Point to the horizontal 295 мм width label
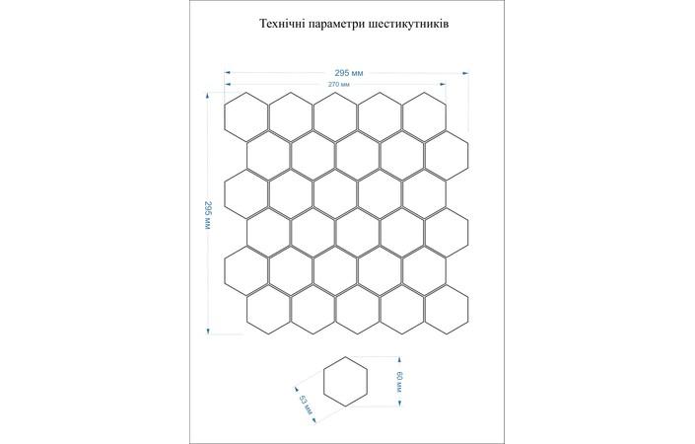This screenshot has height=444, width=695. pos(348,72)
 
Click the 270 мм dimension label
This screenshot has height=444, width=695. pos(341,85)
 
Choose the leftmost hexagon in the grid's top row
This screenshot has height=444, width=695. pos(244,115)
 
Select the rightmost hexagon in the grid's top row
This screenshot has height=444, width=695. pos(423,115)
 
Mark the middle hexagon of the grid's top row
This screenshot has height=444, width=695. pos(334,115)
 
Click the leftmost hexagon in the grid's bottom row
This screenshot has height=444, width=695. pos(267,310)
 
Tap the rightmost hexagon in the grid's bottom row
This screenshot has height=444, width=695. pos(446,310)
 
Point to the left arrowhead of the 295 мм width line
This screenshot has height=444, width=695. pos(228,72)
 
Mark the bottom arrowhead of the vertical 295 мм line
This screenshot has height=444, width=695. pos(208,333)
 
